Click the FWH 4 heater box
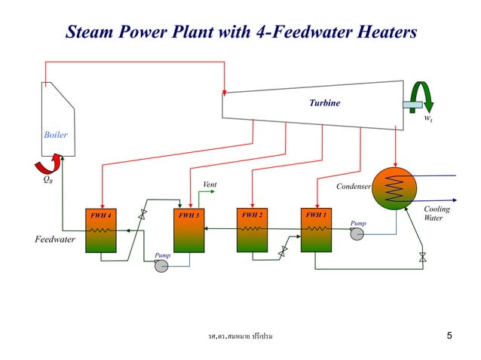pos(100,230)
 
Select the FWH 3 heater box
pos(188,230)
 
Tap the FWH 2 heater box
pos(252,230)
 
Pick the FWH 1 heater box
pos(316,230)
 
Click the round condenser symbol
pos(394,188)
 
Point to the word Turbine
pos(324,102)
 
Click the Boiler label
pos(55,136)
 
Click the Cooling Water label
pos(437,214)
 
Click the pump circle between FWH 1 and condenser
pos(357,233)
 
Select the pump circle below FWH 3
pos(161,266)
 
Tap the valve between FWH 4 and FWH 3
pos(142,214)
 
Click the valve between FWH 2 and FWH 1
pos(283,252)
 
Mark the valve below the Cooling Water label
pos(422,258)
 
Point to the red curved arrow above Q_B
pos(44,165)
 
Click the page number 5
pos(449,335)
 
